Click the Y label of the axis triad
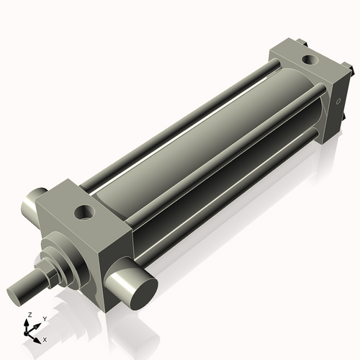click(x=44, y=318)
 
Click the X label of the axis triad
click(x=45, y=338)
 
